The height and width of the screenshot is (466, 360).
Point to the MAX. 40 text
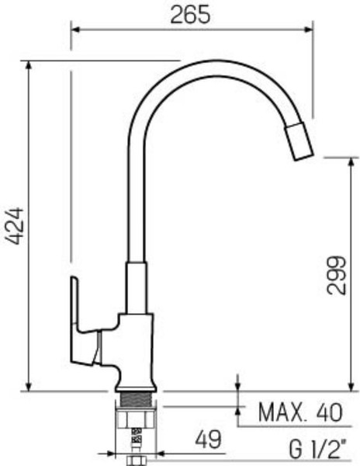click(299, 412)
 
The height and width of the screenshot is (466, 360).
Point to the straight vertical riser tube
click(136, 202)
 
